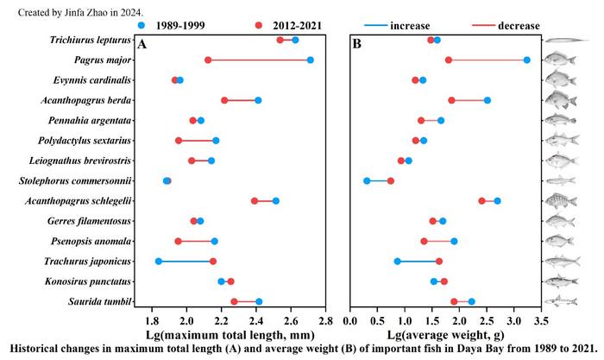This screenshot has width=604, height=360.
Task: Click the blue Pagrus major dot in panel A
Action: pyautogui.click(x=311, y=60)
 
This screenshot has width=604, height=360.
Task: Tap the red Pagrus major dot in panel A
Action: pyautogui.click(x=208, y=60)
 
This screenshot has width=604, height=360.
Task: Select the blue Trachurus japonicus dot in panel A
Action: pyautogui.click(x=159, y=261)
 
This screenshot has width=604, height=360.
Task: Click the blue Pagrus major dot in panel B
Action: pyautogui.click(x=526, y=60)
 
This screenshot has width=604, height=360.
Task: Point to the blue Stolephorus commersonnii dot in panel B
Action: pyautogui.click(x=367, y=180)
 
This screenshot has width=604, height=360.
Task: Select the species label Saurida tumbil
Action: pyautogui.click(x=102, y=301)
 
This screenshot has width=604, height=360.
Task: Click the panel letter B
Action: pyautogui.click(x=357, y=45)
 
